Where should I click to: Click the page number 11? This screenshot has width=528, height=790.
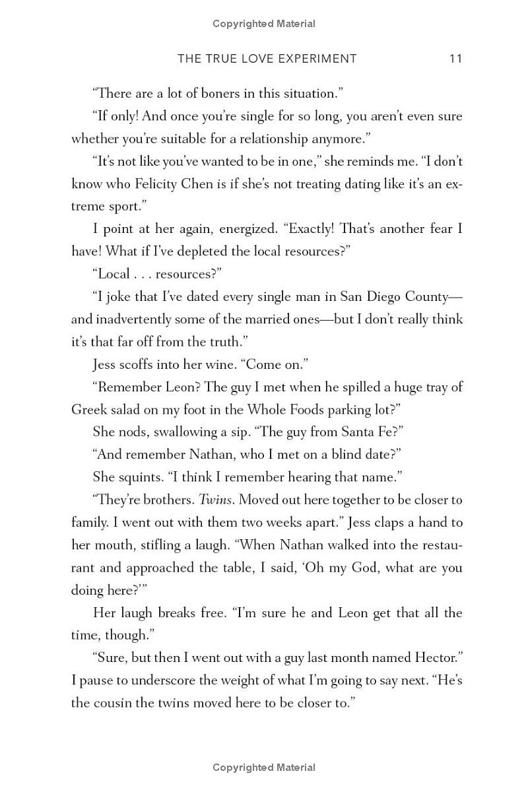(455, 59)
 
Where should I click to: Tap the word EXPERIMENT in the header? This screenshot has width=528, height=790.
(313, 59)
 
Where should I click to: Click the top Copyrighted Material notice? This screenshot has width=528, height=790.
(264, 24)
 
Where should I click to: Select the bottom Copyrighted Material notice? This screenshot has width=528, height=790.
(264, 768)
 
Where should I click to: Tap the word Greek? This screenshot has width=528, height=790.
(89, 410)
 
